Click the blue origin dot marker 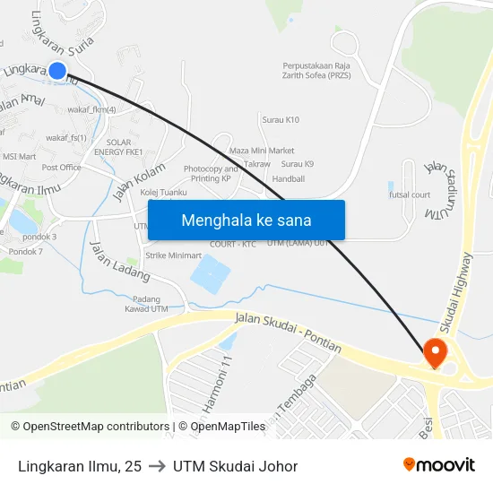(x=57, y=71)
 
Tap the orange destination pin (x=436, y=352)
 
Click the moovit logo (x=438, y=465)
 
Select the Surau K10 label (x=281, y=119)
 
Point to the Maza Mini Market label (x=262, y=150)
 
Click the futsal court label (x=410, y=195)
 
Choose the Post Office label (x=62, y=167)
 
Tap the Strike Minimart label (x=174, y=255)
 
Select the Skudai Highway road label (x=463, y=288)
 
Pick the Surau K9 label (x=298, y=164)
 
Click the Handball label (x=289, y=179)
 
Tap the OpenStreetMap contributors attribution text (x=90, y=427)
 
